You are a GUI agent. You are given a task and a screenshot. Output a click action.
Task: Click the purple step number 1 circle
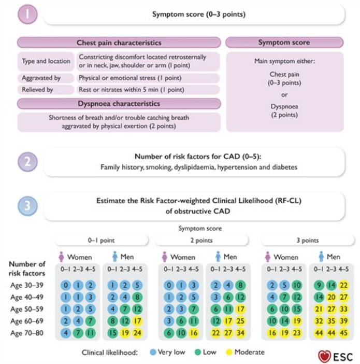(28, 14)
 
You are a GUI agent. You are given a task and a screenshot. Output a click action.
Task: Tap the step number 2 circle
(28, 162)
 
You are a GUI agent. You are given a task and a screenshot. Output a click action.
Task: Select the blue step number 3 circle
(28, 206)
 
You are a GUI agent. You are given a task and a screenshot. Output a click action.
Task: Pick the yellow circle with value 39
(343, 321)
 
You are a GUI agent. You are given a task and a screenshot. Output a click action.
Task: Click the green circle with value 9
(319, 285)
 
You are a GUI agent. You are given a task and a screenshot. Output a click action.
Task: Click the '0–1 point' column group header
(103, 241)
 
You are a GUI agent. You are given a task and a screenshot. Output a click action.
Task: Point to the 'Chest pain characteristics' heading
(119, 43)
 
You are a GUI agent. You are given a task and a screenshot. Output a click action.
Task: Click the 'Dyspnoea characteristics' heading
(119, 104)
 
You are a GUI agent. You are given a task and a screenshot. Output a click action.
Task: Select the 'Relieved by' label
(37, 90)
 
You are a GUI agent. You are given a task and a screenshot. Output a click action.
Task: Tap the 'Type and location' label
(46, 61)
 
